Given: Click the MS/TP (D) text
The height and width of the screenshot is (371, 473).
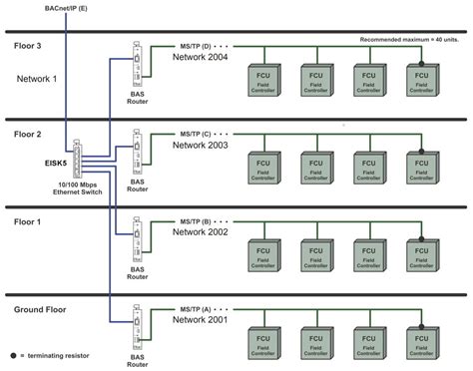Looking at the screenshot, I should coord(196,46).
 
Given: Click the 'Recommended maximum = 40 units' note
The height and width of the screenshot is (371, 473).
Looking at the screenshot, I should coord(409,39).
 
